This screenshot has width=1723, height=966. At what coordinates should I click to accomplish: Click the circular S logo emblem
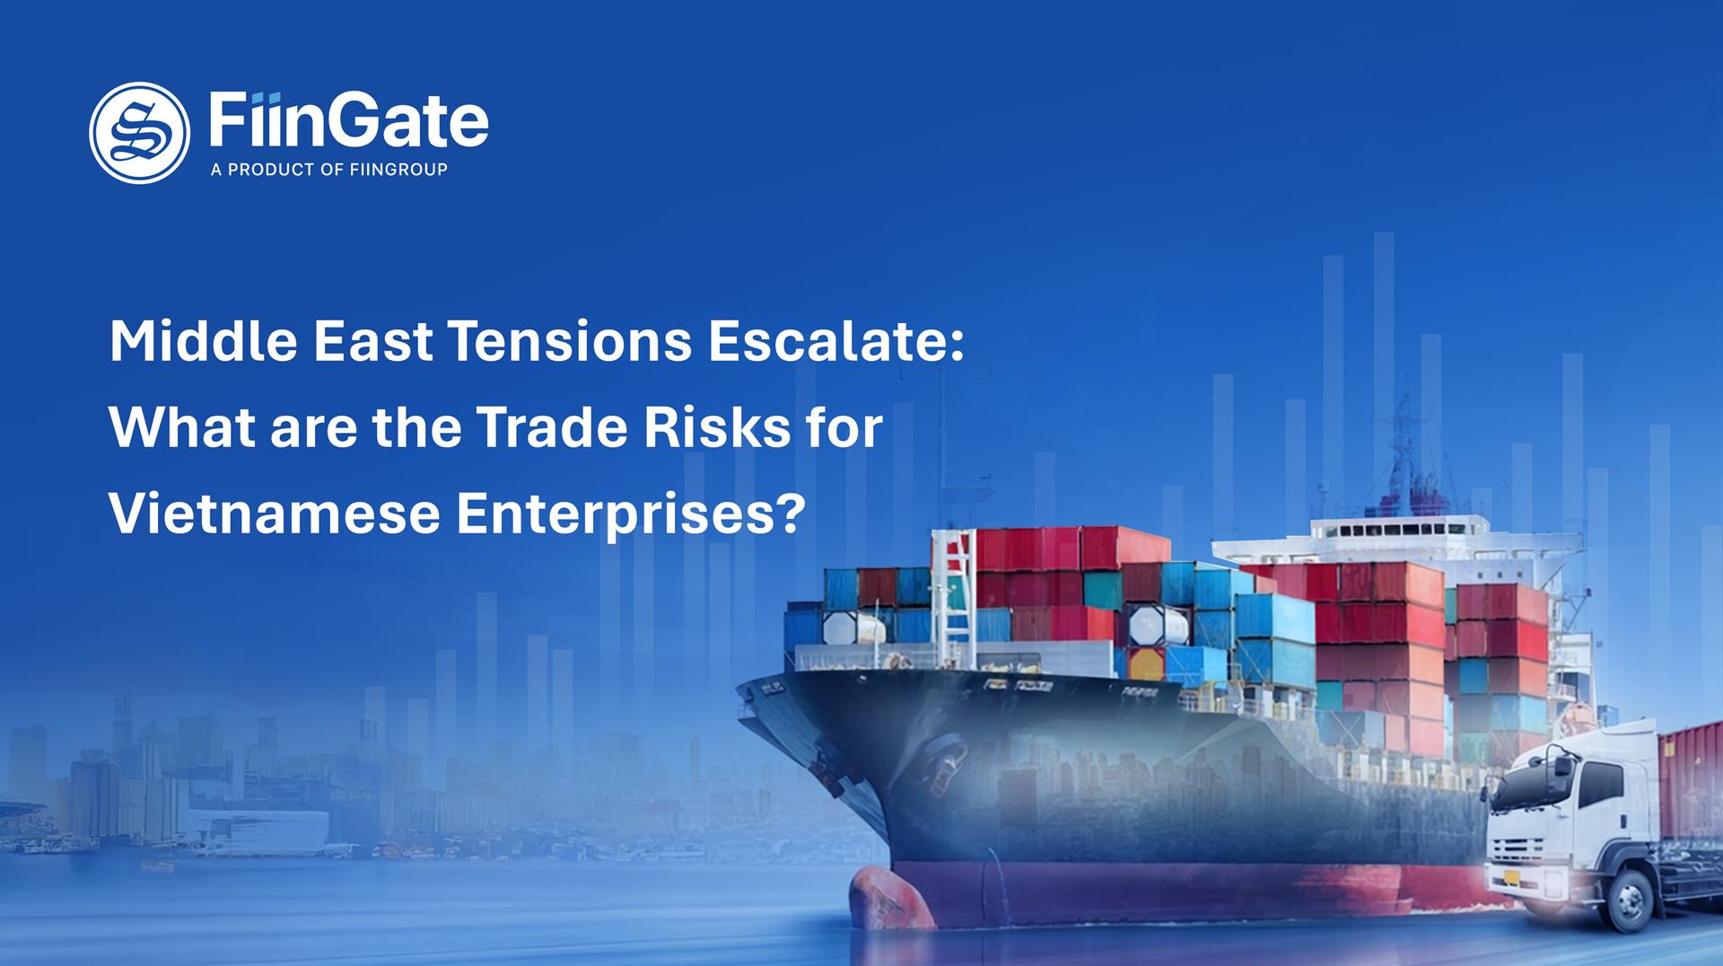[139, 133]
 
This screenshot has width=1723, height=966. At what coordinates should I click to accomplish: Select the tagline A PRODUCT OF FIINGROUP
[328, 170]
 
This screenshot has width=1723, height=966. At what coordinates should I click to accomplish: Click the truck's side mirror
[1562, 768]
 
